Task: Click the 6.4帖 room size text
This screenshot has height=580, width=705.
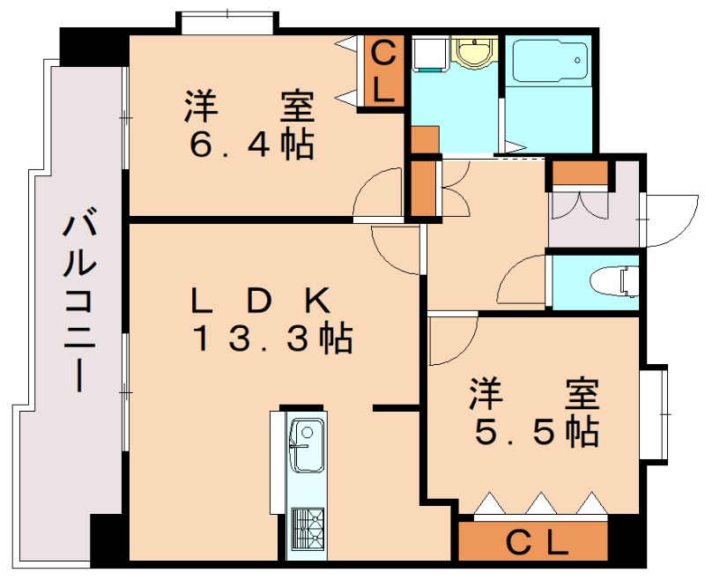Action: pyautogui.click(x=252, y=143)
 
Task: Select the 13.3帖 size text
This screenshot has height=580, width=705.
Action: pyautogui.click(x=273, y=338)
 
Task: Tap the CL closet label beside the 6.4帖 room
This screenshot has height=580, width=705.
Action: pyautogui.click(x=383, y=71)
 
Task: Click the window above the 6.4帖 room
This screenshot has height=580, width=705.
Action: pyautogui.click(x=226, y=22)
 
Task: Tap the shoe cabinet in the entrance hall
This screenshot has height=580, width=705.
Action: pyautogui.click(x=579, y=175)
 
